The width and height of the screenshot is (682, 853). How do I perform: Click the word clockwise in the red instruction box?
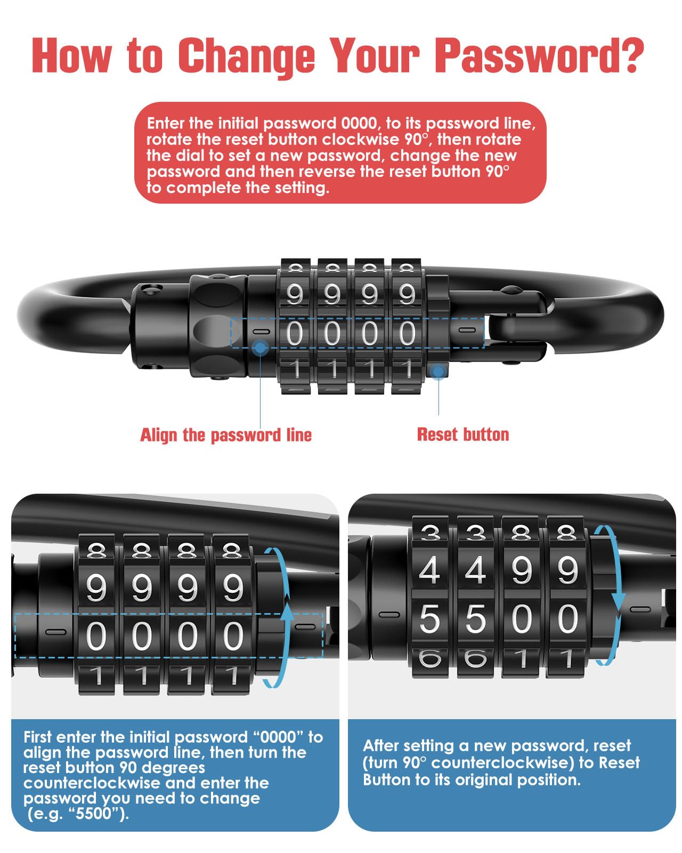(360, 140)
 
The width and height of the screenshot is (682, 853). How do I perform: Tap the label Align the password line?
(226, 435)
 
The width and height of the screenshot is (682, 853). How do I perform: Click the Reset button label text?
(463, 434)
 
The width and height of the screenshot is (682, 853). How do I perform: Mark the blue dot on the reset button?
(438, 372)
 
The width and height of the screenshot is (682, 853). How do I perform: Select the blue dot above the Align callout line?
(260, 348)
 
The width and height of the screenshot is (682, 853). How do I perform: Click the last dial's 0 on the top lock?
(407, 333)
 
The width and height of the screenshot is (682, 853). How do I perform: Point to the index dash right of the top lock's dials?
(466, 330)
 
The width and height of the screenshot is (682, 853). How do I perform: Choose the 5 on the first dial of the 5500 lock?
(429, 619)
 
